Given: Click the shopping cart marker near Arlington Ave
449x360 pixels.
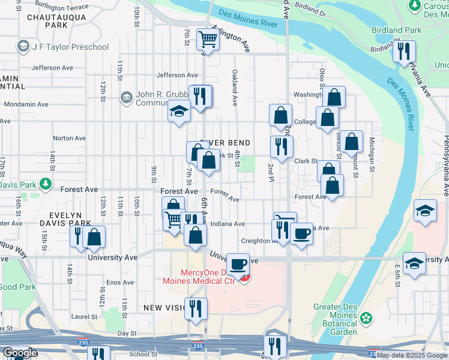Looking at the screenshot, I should tap(208, 40).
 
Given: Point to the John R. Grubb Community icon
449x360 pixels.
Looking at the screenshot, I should tap(126, 96).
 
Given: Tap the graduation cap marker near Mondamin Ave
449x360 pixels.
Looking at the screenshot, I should tap(178, 112).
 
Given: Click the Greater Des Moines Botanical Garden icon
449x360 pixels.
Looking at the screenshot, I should tap(365, 318).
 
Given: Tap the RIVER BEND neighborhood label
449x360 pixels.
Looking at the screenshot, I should tap(224, 142).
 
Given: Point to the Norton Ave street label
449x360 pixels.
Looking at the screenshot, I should tap(70, 138).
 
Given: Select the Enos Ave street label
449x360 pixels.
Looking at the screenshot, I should tap(119, 282).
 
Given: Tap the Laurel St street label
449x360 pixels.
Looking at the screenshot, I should tap(83, 316).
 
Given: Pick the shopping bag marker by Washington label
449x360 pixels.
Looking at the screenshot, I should tap(335, 97).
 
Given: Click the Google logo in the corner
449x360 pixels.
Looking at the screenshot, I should tap(20, 353).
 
